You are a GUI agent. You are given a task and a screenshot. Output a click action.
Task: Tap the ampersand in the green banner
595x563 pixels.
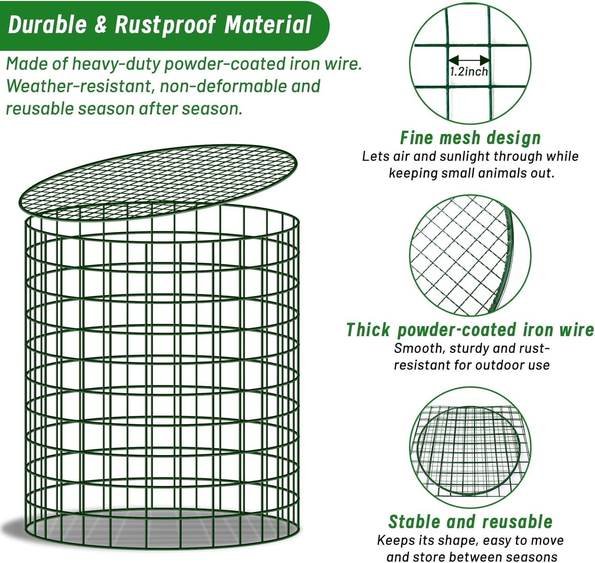(x=101, y=25)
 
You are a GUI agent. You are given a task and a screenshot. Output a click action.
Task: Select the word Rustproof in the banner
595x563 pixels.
(x=165, y=25)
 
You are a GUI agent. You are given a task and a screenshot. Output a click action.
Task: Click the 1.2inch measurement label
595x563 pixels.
(x=468, y=71)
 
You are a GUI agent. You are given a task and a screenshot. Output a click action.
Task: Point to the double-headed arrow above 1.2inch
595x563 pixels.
(x=468, y=59)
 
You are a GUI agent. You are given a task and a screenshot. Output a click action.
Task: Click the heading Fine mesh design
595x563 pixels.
(x=470, y=138)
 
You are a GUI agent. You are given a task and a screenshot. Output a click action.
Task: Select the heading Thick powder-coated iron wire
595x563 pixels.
(x=470, y=330)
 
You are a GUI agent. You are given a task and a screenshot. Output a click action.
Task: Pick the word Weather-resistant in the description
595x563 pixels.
(x=79, y=86)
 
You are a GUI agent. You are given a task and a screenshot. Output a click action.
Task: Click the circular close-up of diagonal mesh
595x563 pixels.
(x=470, y=256)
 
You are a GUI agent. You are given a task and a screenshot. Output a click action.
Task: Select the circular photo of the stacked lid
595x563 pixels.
(x=470, y=448)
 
